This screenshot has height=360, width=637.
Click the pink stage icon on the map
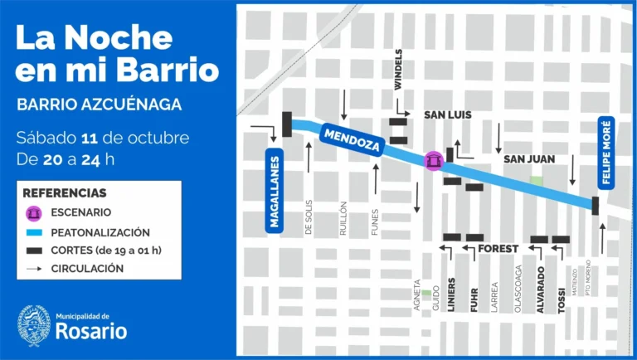click(x=432, y=160)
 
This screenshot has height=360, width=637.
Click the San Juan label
click(x=528, y=158)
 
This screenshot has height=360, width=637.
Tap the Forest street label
click(x=498, y=248)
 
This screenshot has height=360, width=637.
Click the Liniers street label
click(x=452, y=294)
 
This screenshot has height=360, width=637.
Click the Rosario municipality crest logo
click(x=34, y=326)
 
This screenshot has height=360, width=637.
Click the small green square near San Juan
click(x=537, y=181)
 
